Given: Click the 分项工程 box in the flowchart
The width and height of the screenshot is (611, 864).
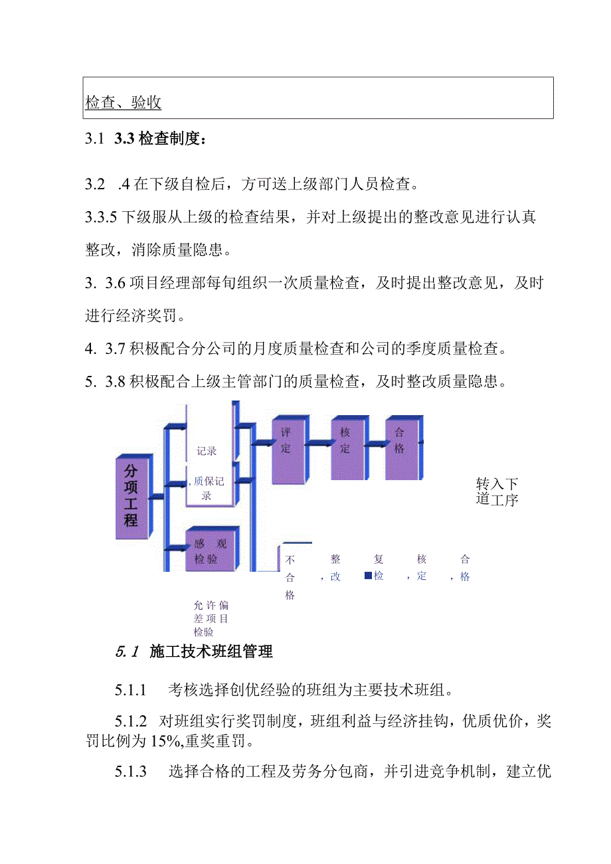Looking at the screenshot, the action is [x=131, y=495].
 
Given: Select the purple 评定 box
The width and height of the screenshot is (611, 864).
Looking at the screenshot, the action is [x=287, y=448].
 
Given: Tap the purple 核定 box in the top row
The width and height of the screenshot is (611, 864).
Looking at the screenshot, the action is [x=346, y=448].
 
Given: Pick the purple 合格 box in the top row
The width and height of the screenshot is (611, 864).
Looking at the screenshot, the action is [x=400, y=448].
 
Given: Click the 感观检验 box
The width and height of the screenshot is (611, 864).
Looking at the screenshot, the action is [x=210, y=551].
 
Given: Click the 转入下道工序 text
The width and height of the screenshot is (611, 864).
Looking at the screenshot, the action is [x=497, y=491].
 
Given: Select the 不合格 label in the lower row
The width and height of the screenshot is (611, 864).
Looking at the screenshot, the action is [x=290, y=577].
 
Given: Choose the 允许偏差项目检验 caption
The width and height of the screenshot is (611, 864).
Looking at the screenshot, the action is [x=211, y=618].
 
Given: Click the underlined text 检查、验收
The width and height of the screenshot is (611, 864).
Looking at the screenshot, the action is [x=124, y=102].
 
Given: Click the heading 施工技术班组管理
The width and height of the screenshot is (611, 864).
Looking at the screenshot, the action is [x=211, y=651].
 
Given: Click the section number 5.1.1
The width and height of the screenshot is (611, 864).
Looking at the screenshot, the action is [x=130, y=690].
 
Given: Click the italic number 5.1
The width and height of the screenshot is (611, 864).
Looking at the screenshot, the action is [x=126, y=651].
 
